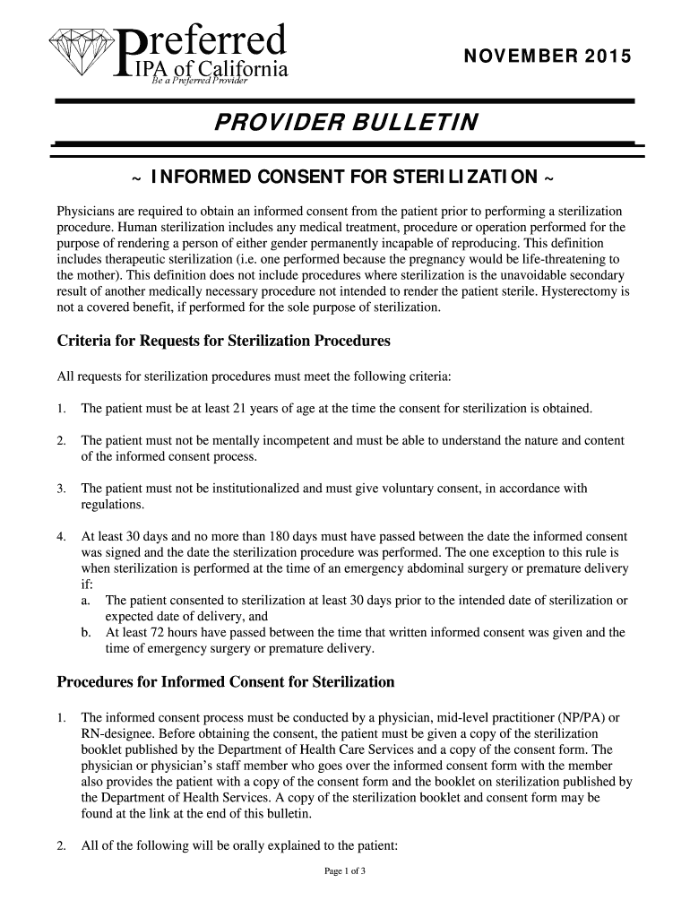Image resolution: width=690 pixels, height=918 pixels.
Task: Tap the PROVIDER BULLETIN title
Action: point(345,121)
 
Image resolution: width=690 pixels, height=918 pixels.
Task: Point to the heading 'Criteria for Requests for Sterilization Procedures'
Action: point(224,342)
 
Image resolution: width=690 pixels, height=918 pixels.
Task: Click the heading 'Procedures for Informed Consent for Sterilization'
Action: point(226,682)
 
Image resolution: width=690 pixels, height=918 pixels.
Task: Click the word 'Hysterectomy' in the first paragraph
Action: point(591,292)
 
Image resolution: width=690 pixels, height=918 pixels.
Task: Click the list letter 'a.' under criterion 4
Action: point(87,600)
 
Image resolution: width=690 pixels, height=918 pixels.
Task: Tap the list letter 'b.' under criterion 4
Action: point(87,632)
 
